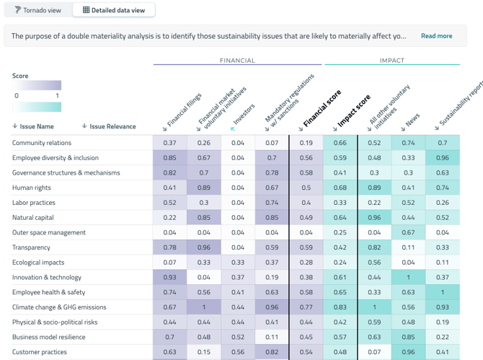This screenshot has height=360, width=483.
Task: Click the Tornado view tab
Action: coord(38,10)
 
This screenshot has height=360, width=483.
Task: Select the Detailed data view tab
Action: coord(113,10)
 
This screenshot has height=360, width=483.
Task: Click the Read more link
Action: coord(436,36)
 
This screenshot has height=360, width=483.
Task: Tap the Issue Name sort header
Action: coord(33,126)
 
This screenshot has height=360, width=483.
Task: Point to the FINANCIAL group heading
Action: coord(237,61)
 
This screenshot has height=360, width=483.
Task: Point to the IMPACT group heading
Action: coord(392,61)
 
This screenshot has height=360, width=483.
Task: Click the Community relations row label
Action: coord(42,143)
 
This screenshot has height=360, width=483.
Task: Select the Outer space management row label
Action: coord(49,232)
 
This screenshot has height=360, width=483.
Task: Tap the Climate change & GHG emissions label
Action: coord(59,307)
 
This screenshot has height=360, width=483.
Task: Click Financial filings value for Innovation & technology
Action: coord(170,277)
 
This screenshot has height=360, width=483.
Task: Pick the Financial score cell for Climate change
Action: coord(306,307)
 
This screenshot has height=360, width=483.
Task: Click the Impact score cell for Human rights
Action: coord(340,188)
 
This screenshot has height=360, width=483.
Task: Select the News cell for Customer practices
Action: coord(408,352)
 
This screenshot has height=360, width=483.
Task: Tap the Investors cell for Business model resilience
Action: coord(238,337)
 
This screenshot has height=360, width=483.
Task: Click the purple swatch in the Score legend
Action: coord(37,85)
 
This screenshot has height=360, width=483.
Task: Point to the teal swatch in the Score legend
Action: coord(37,107)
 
